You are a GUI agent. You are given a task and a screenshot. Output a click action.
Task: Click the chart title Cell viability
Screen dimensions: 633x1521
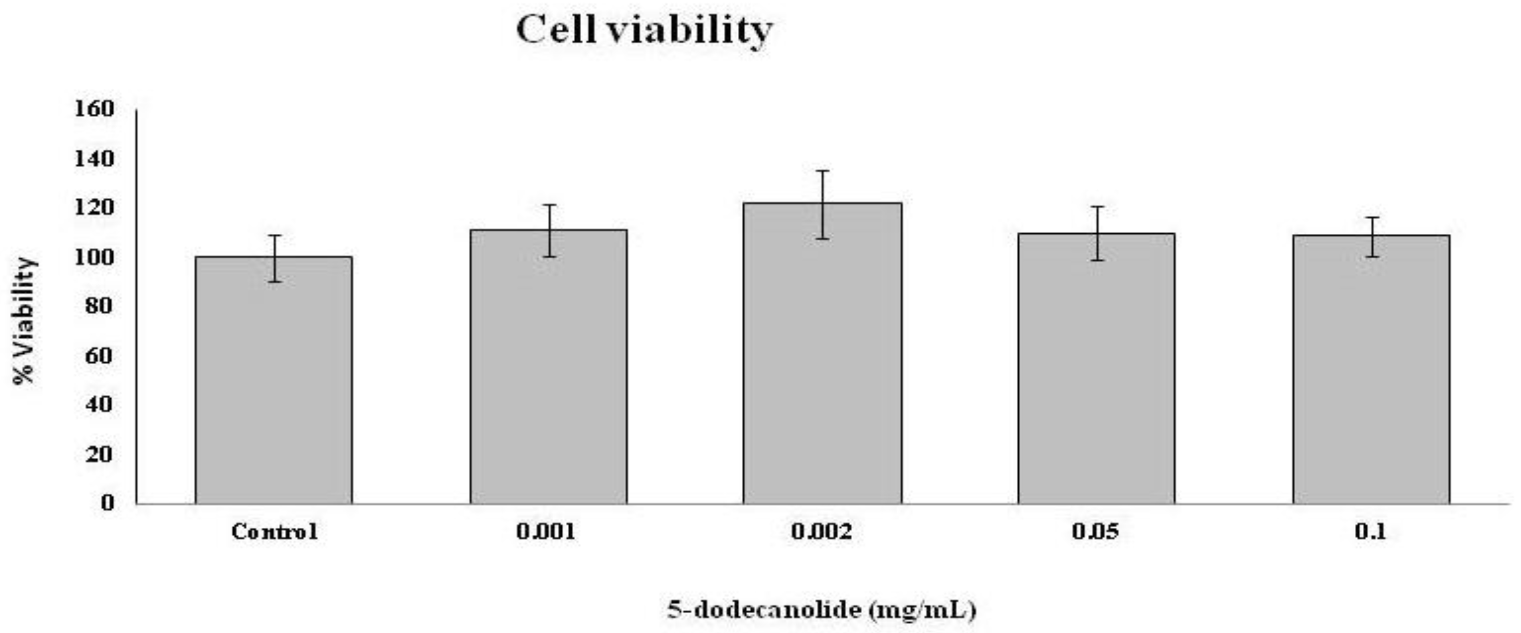coord(644,31)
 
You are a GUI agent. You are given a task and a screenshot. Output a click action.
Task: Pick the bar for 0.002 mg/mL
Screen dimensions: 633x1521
coord(823,354)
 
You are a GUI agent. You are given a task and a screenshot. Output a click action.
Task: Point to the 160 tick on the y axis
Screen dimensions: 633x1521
coord(94,109)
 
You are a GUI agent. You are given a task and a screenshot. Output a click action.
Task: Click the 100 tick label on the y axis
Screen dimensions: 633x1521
coord(94,257)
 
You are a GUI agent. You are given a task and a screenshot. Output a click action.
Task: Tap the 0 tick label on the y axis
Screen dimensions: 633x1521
coord(107,503)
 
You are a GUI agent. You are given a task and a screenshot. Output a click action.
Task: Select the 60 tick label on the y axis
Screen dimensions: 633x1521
coord(99,356)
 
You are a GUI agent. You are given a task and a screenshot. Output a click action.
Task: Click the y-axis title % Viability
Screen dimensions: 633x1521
coord(25,321)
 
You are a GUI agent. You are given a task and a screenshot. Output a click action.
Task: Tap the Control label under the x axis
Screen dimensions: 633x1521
coord(275,532)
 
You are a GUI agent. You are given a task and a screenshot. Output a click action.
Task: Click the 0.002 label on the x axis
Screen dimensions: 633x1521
coord(822,532)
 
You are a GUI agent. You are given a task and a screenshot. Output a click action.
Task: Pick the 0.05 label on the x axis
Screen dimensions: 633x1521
coord(1095,532)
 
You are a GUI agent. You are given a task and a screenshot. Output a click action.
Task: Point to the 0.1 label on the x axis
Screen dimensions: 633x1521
coord(1370,532)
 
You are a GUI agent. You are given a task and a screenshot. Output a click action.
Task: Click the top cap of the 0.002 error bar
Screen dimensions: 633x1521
coord(823,171)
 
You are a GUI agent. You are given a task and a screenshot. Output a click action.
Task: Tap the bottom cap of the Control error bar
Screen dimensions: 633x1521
coord(275,282)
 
